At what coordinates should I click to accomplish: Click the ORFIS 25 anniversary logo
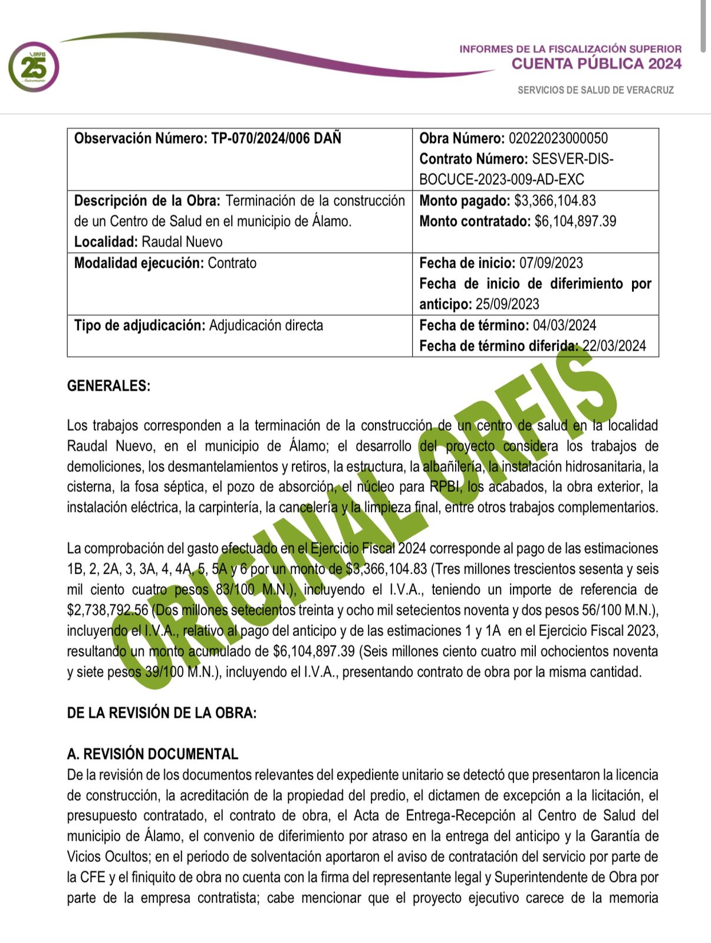(34, 67)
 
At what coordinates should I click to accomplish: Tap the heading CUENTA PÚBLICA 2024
(596, 64)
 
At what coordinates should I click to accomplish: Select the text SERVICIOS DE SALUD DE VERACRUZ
(595, 90)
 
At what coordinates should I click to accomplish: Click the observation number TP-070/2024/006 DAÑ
(276, 139)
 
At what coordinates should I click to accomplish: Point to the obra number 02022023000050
(558, 139)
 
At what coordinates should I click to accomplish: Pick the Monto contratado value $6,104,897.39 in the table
(575, 222)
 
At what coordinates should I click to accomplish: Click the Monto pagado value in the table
(555, 201)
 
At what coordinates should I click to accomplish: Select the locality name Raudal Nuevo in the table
(182, 242)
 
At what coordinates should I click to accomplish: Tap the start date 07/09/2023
(551, 263)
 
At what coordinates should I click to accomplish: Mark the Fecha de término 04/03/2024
(564, 325)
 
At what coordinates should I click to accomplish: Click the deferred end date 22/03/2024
(614, 346)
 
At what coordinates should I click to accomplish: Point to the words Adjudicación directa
(266, 325)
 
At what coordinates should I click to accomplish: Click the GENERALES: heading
(108, 386)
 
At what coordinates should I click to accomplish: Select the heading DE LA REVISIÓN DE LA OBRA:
(162, 713)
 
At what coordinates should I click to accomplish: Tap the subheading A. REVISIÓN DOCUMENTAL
(152, 754)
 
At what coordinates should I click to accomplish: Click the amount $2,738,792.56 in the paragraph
(107, 610)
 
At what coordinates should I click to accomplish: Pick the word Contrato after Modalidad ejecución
(232, 263)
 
